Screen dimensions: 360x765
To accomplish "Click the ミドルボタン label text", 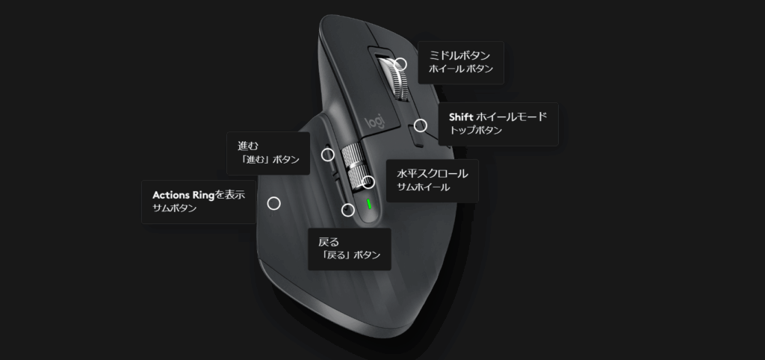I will (x=459, y=55).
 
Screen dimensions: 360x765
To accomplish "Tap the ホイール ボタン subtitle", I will (x=460, y=69).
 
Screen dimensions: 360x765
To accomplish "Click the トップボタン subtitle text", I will (x=476, y=130).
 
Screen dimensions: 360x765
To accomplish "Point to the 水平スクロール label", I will (x=433, y=173).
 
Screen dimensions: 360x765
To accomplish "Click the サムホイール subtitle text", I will (x=424, y=187).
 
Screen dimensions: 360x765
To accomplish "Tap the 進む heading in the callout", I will (x=247, y=145).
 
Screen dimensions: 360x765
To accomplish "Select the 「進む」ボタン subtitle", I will (x=268, y=159).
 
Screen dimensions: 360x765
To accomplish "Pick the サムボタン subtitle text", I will (x=174, y=208).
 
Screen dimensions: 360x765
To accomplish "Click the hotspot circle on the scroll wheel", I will (x=400, y=64).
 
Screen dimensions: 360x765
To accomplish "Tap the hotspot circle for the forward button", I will (x=327, y=155).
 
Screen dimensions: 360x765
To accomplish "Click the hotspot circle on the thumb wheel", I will (x=368, y=181).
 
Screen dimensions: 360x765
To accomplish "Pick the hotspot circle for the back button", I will (x=347, y=210).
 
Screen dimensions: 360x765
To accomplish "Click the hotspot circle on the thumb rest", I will (x=274, y=203).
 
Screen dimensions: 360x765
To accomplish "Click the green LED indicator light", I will (x=368, y=203).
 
